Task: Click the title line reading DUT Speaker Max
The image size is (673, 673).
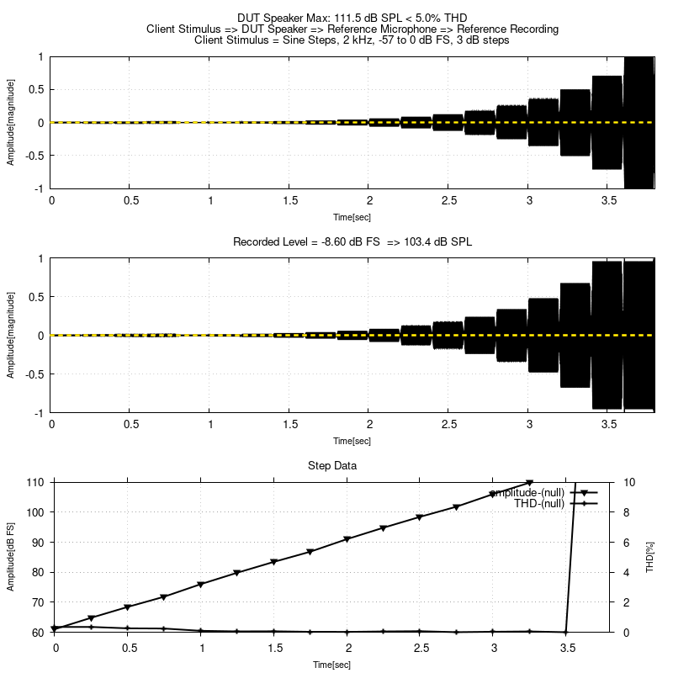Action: (x=352, y=17)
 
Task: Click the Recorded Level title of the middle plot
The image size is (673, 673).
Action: (x=352, y=242)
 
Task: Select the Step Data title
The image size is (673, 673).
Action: (x=352, y=465)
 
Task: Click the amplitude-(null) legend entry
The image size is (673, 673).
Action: (x=527, y=492)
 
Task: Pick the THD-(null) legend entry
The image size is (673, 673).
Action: (x=539, y=503)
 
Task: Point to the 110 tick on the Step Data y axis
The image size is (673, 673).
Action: (x=38, y=482)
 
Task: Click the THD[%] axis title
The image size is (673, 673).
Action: (x=649, y=557)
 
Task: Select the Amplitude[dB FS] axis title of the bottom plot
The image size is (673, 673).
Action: (x=11, y=557)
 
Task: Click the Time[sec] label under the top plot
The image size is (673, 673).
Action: (x=352, y=216)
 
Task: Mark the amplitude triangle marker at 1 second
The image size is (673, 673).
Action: (x=201, y=584)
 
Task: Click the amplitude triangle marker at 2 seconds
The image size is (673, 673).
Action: (x=347, y=539)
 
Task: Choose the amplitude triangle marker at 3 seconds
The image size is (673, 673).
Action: (x=493, y=495)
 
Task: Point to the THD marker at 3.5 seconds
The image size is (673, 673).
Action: (x=566, y=632)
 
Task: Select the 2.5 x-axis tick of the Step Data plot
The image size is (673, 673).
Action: (x=421, y=649)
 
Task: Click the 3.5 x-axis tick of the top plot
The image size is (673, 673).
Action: (x=607, y=201)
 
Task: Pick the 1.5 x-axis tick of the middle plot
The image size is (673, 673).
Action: (x=290, y=425)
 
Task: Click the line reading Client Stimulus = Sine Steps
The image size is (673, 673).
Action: (x=352, y=40)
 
